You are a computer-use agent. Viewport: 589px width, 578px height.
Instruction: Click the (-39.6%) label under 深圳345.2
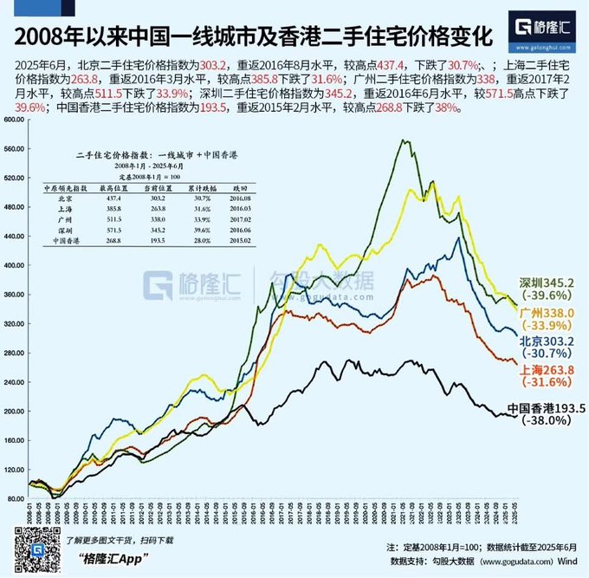coord(553,296)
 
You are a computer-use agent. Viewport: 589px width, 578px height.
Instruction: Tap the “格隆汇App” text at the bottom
coord(107,559)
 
